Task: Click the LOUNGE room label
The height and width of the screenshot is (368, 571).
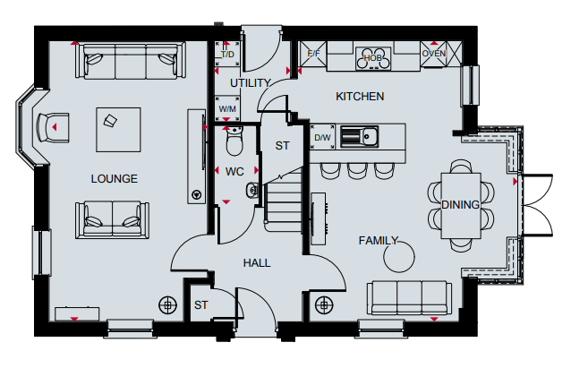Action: coord(114,178)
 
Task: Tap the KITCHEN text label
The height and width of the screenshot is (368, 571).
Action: coord(360,97)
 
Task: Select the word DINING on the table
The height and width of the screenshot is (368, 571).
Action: coord(460,205)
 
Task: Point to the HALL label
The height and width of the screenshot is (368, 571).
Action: coord(257,263)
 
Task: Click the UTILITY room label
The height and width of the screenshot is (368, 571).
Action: coord(251,83)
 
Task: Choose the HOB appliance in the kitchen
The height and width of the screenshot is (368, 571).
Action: coord(373,58)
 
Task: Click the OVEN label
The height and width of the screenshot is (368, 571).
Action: coord(433,54)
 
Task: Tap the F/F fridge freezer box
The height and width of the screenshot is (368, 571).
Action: coord(313,55)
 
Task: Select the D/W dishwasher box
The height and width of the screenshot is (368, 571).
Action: coord(322,137)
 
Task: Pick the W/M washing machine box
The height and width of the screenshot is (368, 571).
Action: coord(227,108)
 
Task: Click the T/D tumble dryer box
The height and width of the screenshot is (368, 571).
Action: coord(227,54)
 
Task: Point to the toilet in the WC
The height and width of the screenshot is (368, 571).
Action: coord(234,141)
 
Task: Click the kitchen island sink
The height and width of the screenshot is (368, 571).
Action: coord(359,137)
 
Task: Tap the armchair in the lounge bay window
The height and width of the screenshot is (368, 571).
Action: coord(53,127)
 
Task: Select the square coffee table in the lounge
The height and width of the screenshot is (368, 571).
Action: coord(118,130)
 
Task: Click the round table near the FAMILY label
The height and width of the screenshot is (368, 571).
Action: coord(399,257)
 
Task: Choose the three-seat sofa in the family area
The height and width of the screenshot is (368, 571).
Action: coord(409,297)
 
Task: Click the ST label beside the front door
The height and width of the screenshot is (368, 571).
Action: coord(201,305)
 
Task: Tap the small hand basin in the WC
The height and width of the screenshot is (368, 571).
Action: coord(252,190)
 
